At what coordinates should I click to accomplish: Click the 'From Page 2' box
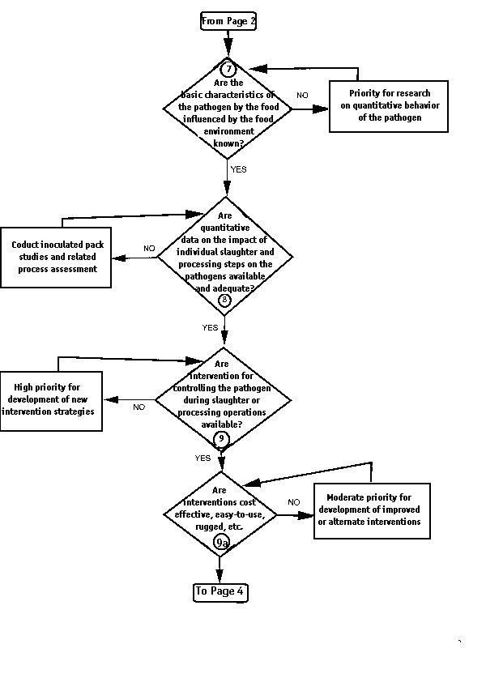coord(228,21)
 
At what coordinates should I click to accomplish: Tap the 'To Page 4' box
coord(220,591)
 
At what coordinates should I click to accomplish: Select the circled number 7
coord(228,69)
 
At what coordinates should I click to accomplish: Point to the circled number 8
coord(224,300)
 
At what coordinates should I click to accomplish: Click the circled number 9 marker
coord(221,439)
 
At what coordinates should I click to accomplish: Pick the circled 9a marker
coord(222,543)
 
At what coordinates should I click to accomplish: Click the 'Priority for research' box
coord(389,106)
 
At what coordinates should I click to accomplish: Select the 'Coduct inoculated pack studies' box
coord(56,258)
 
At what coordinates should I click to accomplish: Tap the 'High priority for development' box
coord(51,401)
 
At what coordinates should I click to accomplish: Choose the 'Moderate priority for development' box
coord(372,510)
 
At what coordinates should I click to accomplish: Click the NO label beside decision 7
coord(302,95)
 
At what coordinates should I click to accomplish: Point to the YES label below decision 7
coord(239,169)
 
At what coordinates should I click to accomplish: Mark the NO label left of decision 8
coord(149,248)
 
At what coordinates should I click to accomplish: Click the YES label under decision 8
coord(210,328)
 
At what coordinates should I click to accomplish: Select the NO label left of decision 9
coord(139,407)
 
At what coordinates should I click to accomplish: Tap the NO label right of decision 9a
coord(293,502)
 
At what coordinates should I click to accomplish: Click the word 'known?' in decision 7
coord(228,143)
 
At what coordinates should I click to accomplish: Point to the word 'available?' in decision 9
coord(221,424)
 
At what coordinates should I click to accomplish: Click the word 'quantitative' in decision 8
coord(225,228)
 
